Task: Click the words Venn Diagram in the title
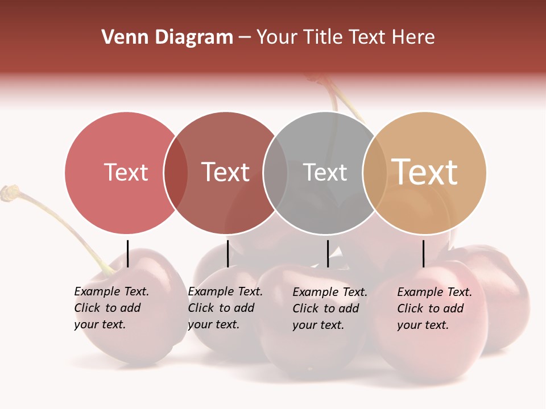tap(167, 37)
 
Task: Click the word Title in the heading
tap(322, 37)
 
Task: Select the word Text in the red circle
tap(126, 172)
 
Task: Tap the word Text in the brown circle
tap(225, 172)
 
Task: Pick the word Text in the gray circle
tap(325, 172)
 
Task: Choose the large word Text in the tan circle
tap(424, 172)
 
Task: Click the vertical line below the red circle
tap(127, 253)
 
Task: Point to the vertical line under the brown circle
tap(227, 253)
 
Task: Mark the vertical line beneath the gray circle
tap(328, 253)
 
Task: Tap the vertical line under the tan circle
tap(423, 253)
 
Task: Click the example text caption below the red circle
tap(111, 308)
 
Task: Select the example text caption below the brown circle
tap(225, 308)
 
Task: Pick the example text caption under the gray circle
tap(329, 308)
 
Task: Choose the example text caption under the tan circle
tap(434, 308)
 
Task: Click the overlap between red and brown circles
tap(176, 173)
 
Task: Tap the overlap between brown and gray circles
tap(275, 173)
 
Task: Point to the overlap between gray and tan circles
tap(375, 173)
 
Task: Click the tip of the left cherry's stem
tap(9, 192)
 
